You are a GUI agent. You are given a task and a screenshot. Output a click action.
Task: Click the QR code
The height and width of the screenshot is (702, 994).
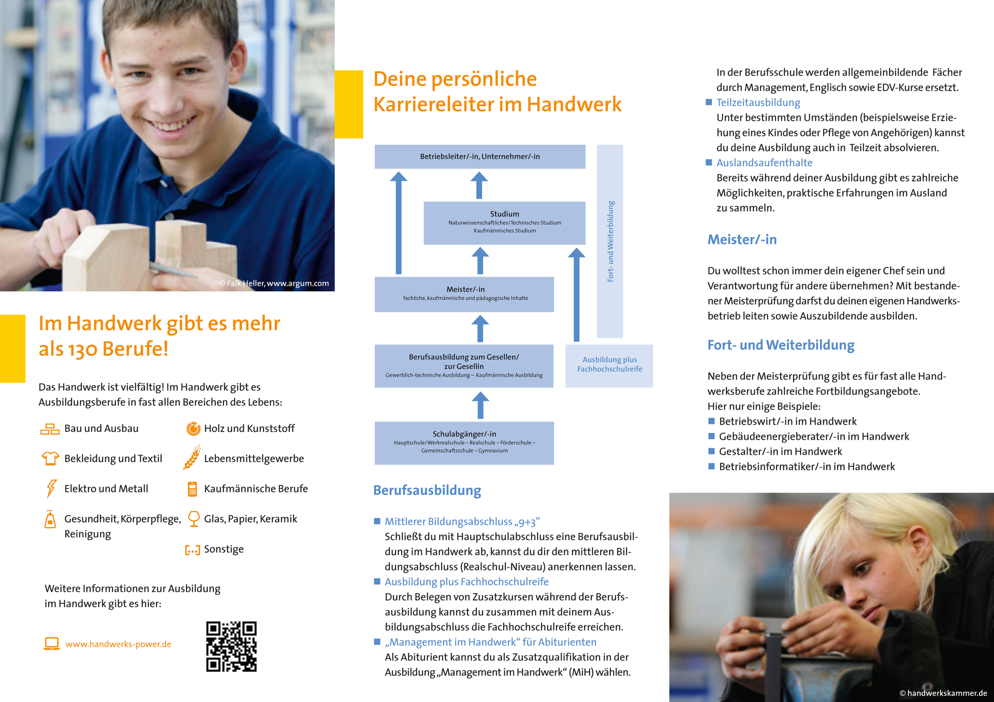pos(231,646)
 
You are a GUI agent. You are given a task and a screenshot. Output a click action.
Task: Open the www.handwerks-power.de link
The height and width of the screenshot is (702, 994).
pos(118,644)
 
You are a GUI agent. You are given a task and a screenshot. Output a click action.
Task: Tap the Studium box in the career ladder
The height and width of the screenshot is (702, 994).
pos(504,222)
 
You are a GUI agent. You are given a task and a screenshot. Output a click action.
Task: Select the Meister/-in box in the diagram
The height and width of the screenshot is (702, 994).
pos(464,294)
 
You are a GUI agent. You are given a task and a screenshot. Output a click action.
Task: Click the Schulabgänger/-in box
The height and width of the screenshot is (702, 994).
pos(464,443)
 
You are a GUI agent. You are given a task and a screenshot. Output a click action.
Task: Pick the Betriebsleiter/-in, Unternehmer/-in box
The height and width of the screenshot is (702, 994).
pos(479,156)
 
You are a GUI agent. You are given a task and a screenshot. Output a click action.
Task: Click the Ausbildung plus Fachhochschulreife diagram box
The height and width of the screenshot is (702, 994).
pos(609,365)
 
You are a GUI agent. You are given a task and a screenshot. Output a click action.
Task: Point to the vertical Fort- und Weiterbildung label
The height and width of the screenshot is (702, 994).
pos(610,241)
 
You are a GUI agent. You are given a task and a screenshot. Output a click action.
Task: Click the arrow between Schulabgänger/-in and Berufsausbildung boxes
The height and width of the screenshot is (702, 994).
pos(480,405)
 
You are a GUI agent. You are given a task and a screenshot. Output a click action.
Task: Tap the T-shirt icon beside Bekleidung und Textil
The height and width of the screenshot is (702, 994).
pos(50,458)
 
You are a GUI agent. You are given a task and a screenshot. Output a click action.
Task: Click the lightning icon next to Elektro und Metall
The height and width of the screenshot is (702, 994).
pos(51,488)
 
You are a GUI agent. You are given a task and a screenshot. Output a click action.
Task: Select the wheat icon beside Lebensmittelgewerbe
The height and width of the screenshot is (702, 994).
pos(192,457)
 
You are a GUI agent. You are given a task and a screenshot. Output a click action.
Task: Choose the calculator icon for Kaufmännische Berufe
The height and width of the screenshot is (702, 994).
pos(192,489)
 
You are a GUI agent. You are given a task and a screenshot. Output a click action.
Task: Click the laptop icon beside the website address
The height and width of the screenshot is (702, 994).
pos(51,644)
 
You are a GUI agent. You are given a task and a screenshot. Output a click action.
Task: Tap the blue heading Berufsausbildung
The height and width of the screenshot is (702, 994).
pos(427,490)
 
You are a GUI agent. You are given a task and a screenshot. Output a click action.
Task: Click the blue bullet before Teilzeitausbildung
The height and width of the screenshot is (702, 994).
pos(709,102)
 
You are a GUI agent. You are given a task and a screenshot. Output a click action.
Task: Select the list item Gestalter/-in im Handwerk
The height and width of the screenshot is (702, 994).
pos(780,451)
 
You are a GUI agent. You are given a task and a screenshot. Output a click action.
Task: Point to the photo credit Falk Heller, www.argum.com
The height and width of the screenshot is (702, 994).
pos(274,283)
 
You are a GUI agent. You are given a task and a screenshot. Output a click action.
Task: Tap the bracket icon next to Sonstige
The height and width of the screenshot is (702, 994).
pos(192,549)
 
